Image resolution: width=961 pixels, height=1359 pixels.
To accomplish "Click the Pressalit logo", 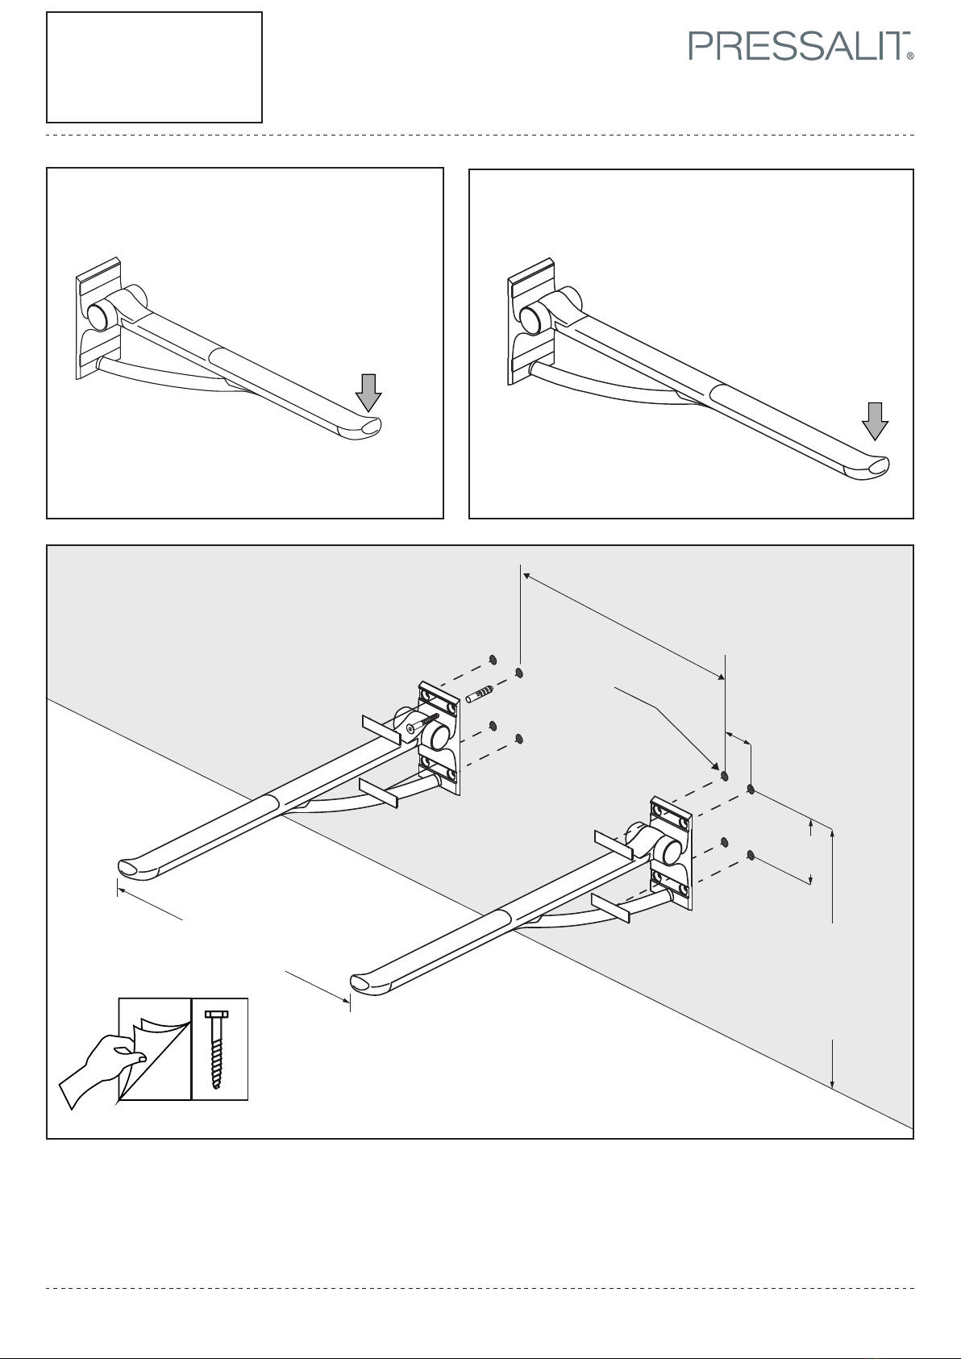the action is tap(801, 46).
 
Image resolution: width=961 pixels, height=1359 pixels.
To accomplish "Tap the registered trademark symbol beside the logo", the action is tap(910, 56).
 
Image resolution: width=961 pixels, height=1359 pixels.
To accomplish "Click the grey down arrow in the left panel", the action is tap(368, 393).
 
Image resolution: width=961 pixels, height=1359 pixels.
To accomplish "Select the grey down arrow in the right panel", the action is tap(875, 421).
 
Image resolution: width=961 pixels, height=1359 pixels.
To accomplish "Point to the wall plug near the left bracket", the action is tap(480, 694).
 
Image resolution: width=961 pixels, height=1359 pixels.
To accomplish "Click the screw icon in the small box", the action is tap(216, 1049).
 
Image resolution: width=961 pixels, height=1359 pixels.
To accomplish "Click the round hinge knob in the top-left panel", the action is tap(97, 315).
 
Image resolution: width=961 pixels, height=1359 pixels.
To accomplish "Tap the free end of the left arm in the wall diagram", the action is tap(132, 868).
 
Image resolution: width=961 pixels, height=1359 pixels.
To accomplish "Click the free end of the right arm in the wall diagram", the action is tap(365, 983).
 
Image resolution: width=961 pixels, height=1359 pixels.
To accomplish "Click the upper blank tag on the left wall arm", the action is tap(381, 730).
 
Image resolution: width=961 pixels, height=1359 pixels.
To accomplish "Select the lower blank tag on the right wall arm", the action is tap(610, 907).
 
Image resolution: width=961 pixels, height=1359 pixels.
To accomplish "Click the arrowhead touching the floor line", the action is tap(833, 1083).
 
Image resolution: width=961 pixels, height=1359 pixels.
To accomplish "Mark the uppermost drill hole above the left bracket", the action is tap(493, 660).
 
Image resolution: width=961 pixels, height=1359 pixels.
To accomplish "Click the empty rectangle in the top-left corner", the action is tap(155, 67).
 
